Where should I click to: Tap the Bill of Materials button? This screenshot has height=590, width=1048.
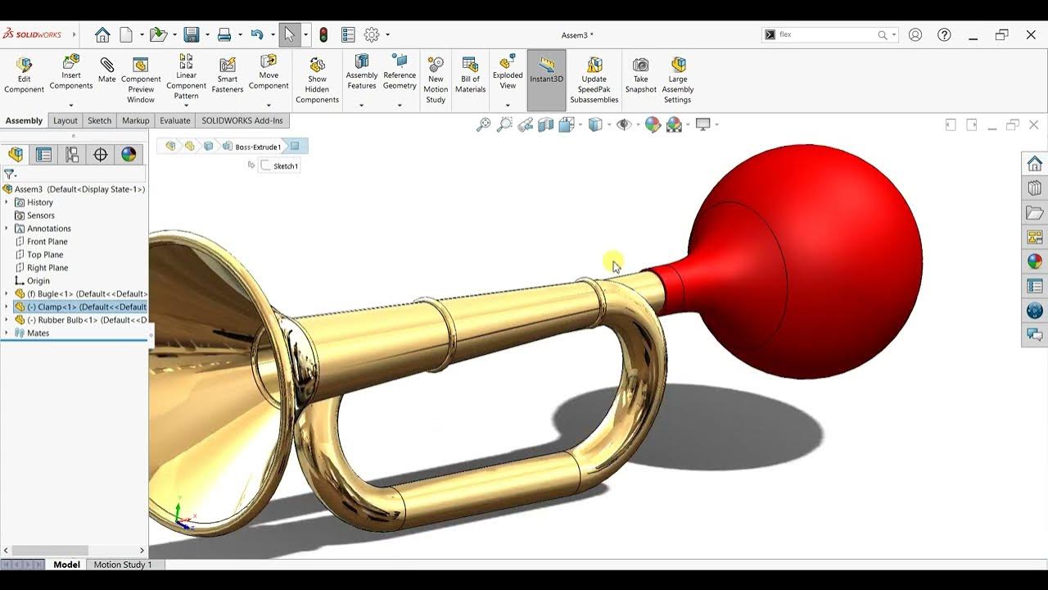click(x=470, y=74)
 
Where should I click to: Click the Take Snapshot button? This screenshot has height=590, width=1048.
click(x=640, y=74)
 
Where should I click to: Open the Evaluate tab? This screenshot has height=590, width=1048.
click(x=174, y=120)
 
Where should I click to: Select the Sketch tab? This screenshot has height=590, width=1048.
click(x=99, y=120)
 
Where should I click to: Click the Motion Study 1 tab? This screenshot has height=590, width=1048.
click(x=122, y=565)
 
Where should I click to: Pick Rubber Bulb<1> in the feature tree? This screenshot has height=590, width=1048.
click(x=92, y=320)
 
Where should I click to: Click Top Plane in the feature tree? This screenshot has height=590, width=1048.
click(x=45, y=254)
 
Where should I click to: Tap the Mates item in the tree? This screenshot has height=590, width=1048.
click(x=38, y=333)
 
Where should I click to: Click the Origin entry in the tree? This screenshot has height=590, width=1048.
click(x=38, y=280)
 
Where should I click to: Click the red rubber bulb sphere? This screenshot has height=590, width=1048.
click(x=819, y=254)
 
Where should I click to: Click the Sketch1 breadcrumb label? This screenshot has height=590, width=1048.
click(x=285, y=166)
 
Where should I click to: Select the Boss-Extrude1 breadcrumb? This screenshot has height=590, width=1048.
click(x=258, y=147)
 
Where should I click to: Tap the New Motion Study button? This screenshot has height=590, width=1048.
click(x=436, y=79)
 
